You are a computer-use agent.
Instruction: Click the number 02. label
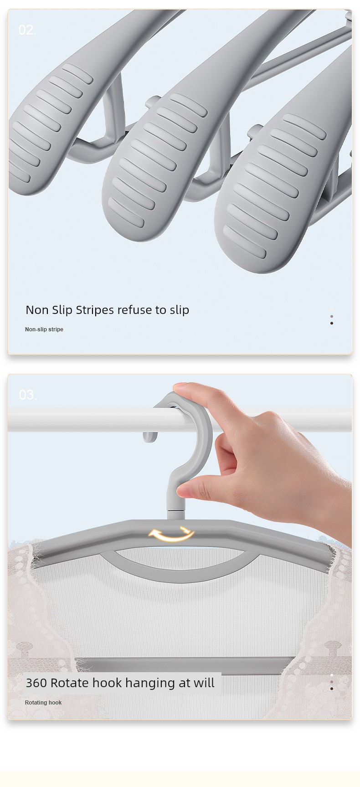coord(27,30)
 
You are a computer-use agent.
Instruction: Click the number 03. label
coord(27,395)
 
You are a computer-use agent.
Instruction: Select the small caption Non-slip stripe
coord(44,329)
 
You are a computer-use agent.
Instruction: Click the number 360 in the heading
coord(36,683)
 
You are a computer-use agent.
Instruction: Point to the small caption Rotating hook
coord(43,703)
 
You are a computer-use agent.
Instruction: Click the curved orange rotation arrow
coord(172,535)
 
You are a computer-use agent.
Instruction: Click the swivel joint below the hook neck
coord(176,514)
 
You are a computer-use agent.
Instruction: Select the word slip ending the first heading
coord(180,310)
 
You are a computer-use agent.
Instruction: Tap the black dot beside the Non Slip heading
coord(332,323)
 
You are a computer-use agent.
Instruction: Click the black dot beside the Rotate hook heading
coord(332,689)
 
